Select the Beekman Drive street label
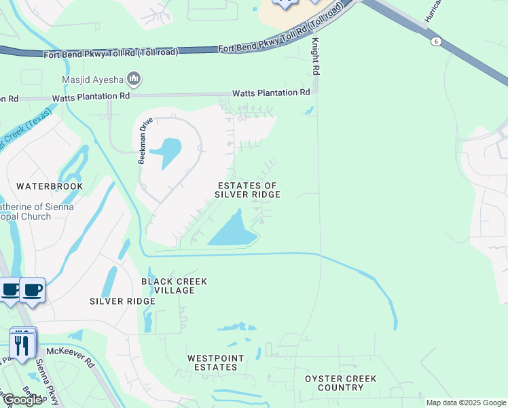[x=143, y=144]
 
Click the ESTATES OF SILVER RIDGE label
[x=247, y=190]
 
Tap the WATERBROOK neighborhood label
[x=50, y=186]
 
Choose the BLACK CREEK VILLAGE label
[x=174, y=286]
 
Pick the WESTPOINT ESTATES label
[x=213, y=362]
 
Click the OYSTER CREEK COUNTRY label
[x=340, y=383]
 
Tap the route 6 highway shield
[x=435, y=41]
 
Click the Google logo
[x=23, y=400]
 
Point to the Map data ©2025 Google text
[x=465, y=403]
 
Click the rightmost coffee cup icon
[x=33, y=289]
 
